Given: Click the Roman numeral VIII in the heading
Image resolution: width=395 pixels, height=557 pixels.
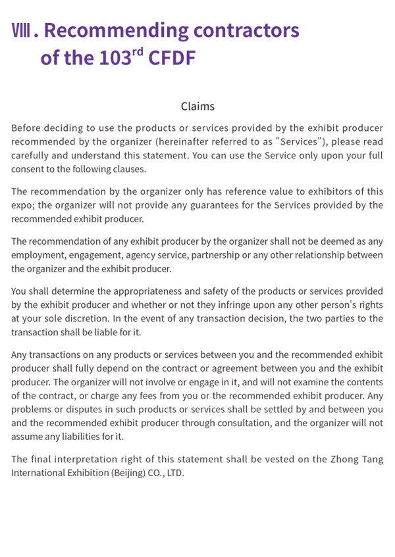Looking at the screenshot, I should tap(22, 31).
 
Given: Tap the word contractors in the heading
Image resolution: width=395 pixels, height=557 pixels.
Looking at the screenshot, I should tap(246, 30).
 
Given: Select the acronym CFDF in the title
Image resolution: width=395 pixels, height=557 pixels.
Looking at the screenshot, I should tap(172, 58).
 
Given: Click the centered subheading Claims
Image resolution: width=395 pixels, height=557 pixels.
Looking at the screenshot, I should tap(197, 106).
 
